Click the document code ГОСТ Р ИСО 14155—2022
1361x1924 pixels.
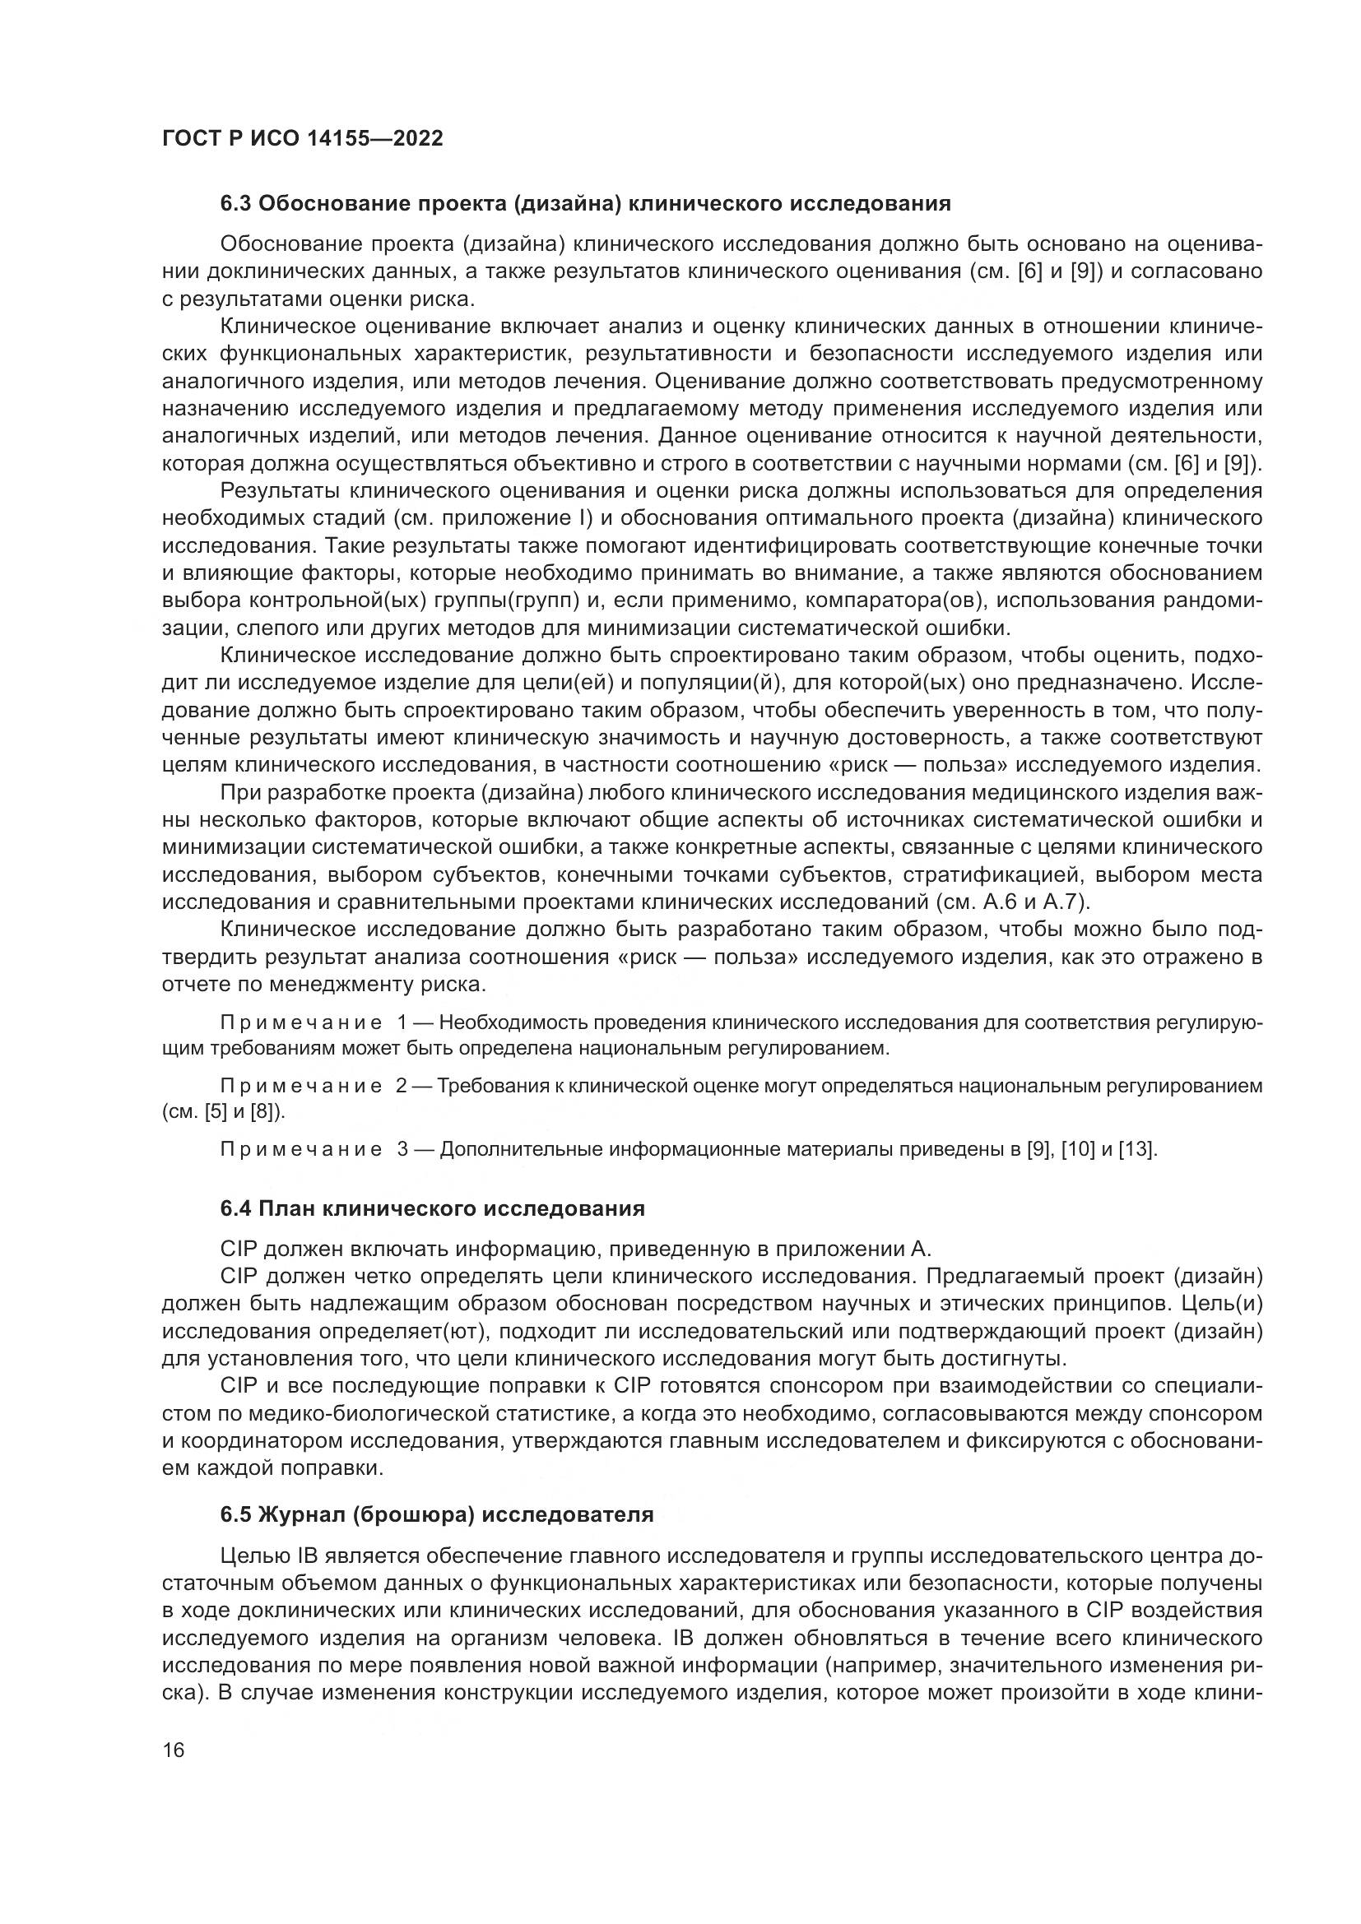point(302,139)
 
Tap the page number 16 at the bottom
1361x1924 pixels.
point(174,1750)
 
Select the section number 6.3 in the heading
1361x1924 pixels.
point(236,204)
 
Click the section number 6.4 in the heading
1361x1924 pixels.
point(236,1208)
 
